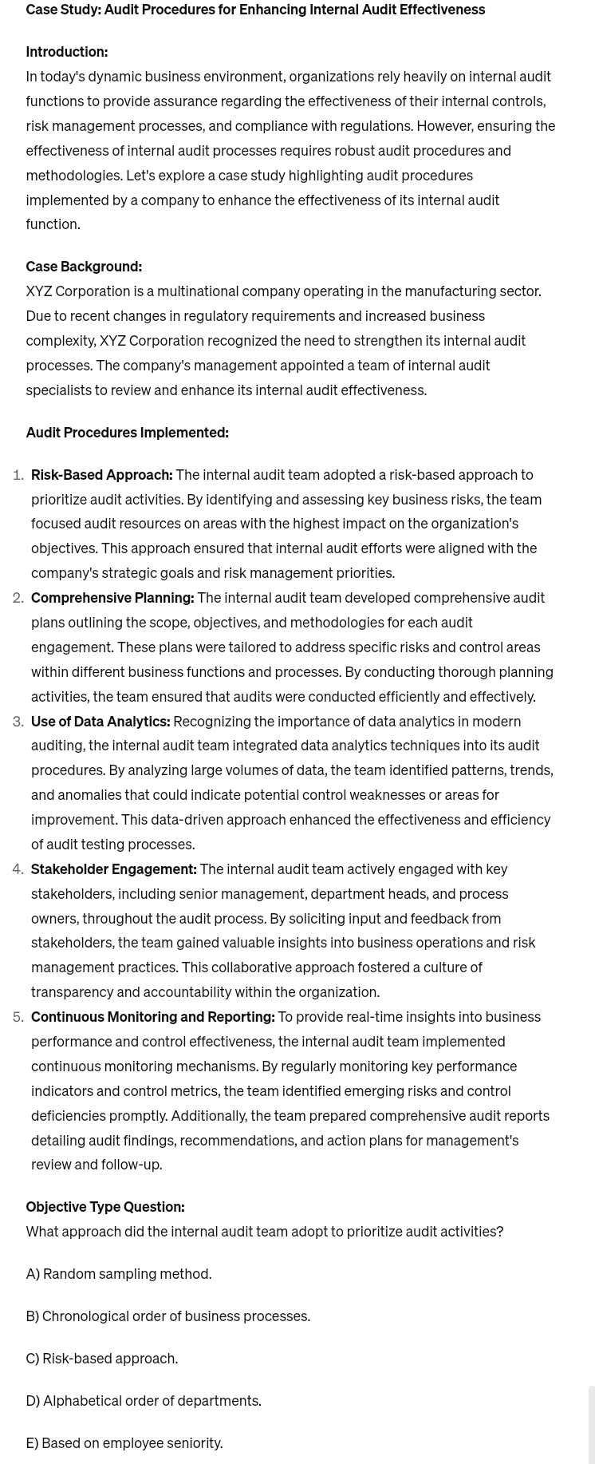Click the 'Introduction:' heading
click(66, 52)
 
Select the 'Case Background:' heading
click(84, 267)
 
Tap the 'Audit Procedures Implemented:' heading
click(127, 433)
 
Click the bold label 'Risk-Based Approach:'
click(101, 475)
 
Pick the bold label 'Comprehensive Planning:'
click(112, 598)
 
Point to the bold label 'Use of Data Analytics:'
click(100, 722)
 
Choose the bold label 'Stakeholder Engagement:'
click(113, 869)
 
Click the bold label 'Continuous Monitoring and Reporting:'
click(152, 1017)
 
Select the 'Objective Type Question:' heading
click(104, 1207)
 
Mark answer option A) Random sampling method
click(119, 1274)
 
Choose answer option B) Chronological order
click(167, 1316)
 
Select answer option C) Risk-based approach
click(102, 1359)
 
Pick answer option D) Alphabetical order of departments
click(144, 1401)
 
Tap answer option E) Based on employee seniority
click(124, 1443)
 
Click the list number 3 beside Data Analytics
click(18, 722)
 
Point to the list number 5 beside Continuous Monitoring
click(18, 1017)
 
